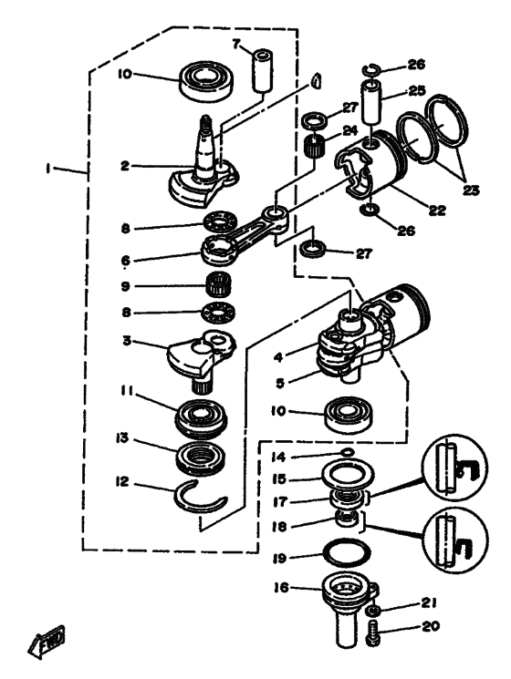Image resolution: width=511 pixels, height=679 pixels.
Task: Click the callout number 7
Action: [x=235, y=44]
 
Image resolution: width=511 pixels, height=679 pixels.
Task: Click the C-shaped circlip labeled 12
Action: [x=199, y=499]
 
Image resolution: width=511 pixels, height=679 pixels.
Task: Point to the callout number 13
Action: [x=122, y=437]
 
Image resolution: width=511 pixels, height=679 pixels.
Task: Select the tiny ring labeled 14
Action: [x=347, y=453]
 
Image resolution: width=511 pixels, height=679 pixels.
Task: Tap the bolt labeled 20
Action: [x=373, y=633]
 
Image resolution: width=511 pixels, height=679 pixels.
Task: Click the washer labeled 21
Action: [x=373, y=611]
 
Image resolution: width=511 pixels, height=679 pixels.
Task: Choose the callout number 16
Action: [x=280, y=588]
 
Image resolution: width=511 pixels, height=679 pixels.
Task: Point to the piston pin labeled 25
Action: [x=373, y=103]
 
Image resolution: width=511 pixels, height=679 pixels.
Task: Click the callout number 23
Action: [x=469, y=190]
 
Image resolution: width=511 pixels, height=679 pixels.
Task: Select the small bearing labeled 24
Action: [x=316, y=148]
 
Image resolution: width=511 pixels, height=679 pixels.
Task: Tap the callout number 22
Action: [x=437, y=211]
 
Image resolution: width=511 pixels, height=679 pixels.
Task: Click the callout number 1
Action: [x=49, y=168]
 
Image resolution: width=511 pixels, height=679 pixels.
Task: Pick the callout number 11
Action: [x=128, y=391]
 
